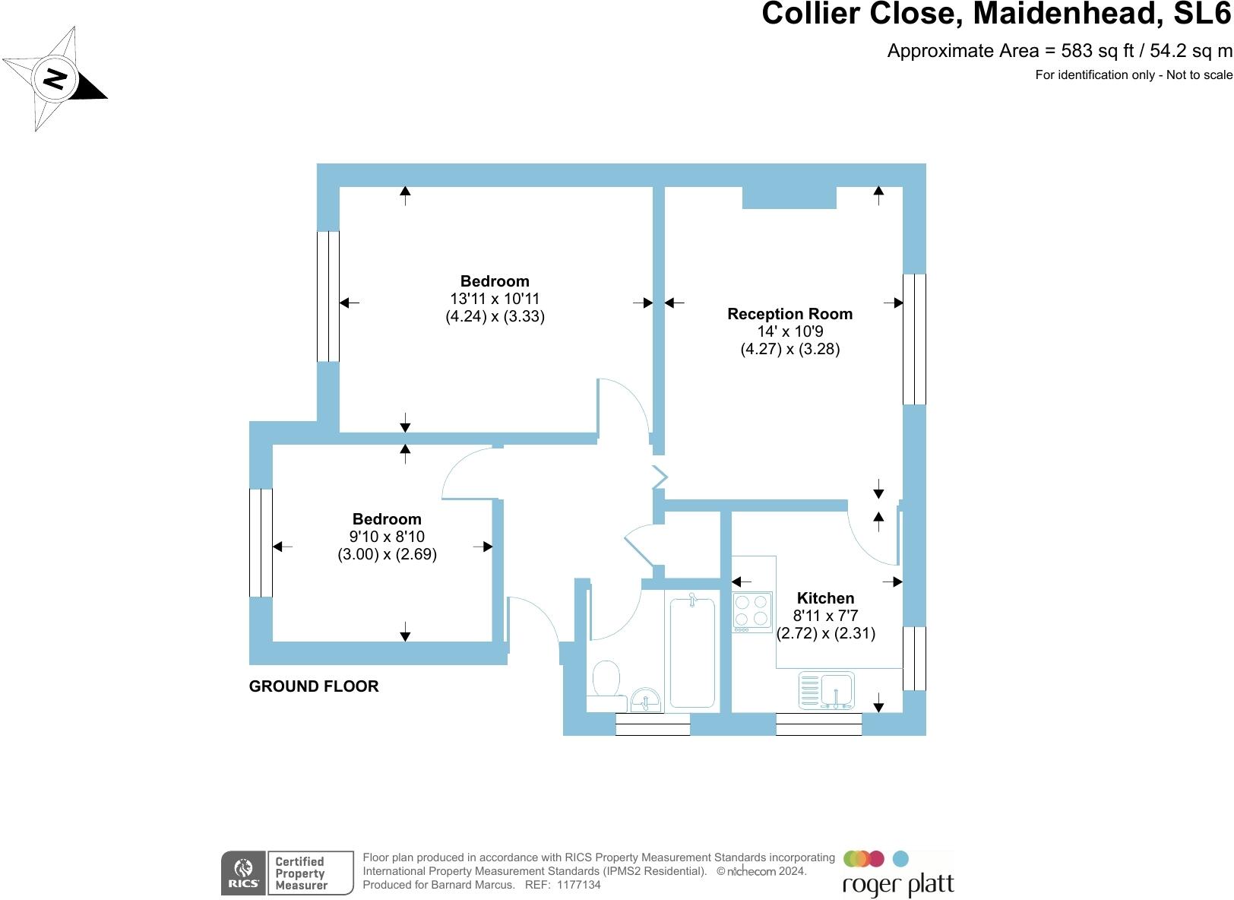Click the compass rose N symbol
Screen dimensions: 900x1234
pyautogui.click(x=55, y=78)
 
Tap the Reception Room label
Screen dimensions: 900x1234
pyautogui.click(x=789, y=314)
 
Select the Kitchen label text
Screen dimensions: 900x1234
pyautogui.click(x=825, y=598)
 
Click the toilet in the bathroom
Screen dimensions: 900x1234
pyautogui.click(x=606, y=679)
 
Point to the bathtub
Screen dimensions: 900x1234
pyautogui.click(x=691, y=652)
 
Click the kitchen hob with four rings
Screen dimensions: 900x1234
pyautogui.click(x=752, y=611)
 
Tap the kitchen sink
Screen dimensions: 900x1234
pyautogui.click(x=826, y=690)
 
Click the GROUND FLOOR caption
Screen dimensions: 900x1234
pyautogui.click(x=314, y=686)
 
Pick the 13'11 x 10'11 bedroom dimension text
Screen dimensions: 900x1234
pyautogui.click(x=495, y=299)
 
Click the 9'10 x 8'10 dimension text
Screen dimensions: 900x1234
pyautogui.click(x=387, y=537)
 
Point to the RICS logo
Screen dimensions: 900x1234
pyautogui.click(x=244, y=873)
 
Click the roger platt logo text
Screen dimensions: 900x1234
pyautogui.click(x=898, y=885)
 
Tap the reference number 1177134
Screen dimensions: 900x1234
pyautogui.click(x=579, y=885)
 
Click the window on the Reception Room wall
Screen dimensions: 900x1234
pyautogui.click(x=914, y=339)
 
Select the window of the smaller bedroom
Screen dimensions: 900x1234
pyautogui.click(x=261, y=543)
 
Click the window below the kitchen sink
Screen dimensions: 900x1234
pyautogui.click(x=818, y=724)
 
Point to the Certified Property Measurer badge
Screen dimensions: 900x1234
pyautogui.click(x=311, y=873)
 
